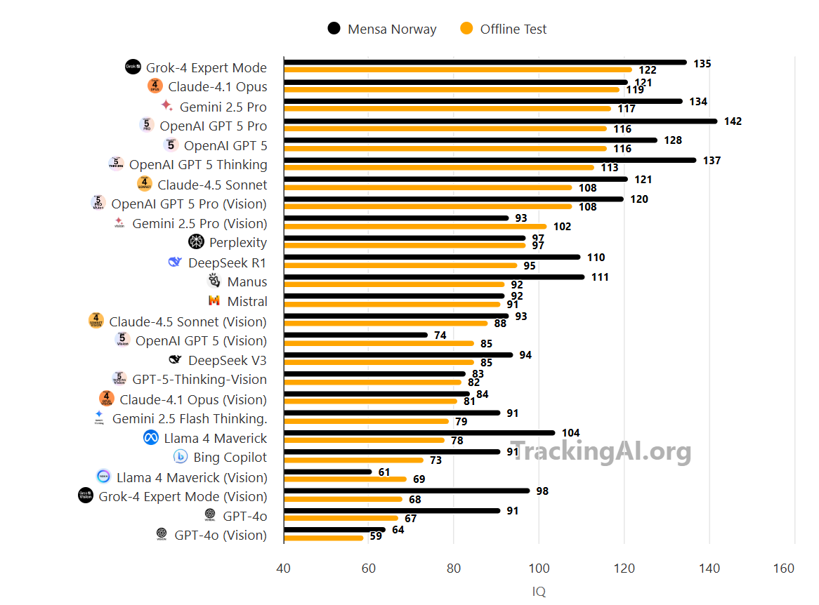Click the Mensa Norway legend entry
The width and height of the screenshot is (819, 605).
[x=383, y=29]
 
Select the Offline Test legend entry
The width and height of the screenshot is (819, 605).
[x=504, y=29]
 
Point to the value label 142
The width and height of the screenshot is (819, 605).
[x=733, y=121]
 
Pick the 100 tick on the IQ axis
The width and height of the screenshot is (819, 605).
[x=539, y=568]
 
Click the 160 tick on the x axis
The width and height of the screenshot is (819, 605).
[x=794, y=568]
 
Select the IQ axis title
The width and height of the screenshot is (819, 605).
[x=539, y=591]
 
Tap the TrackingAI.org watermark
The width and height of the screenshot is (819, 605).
[x=601, y=451]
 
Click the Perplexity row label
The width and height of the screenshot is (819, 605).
[x=237, y=242]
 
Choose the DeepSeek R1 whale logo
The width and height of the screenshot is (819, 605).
[x=175, y=262]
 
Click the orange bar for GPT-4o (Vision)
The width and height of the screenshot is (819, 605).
[x=324, y=538]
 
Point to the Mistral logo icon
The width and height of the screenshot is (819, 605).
[x=214, y=300]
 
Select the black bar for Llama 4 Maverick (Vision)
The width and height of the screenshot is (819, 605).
[x=328, y=472]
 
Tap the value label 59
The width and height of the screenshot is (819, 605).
[x=376, y=536]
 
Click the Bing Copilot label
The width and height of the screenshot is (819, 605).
[x=230, y=457]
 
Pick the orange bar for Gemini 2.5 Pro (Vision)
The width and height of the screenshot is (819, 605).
[x=415, y=226]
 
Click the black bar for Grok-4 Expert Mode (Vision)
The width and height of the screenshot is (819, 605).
[x=407, y=491]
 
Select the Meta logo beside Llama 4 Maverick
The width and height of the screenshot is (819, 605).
[x=151, y=438]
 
